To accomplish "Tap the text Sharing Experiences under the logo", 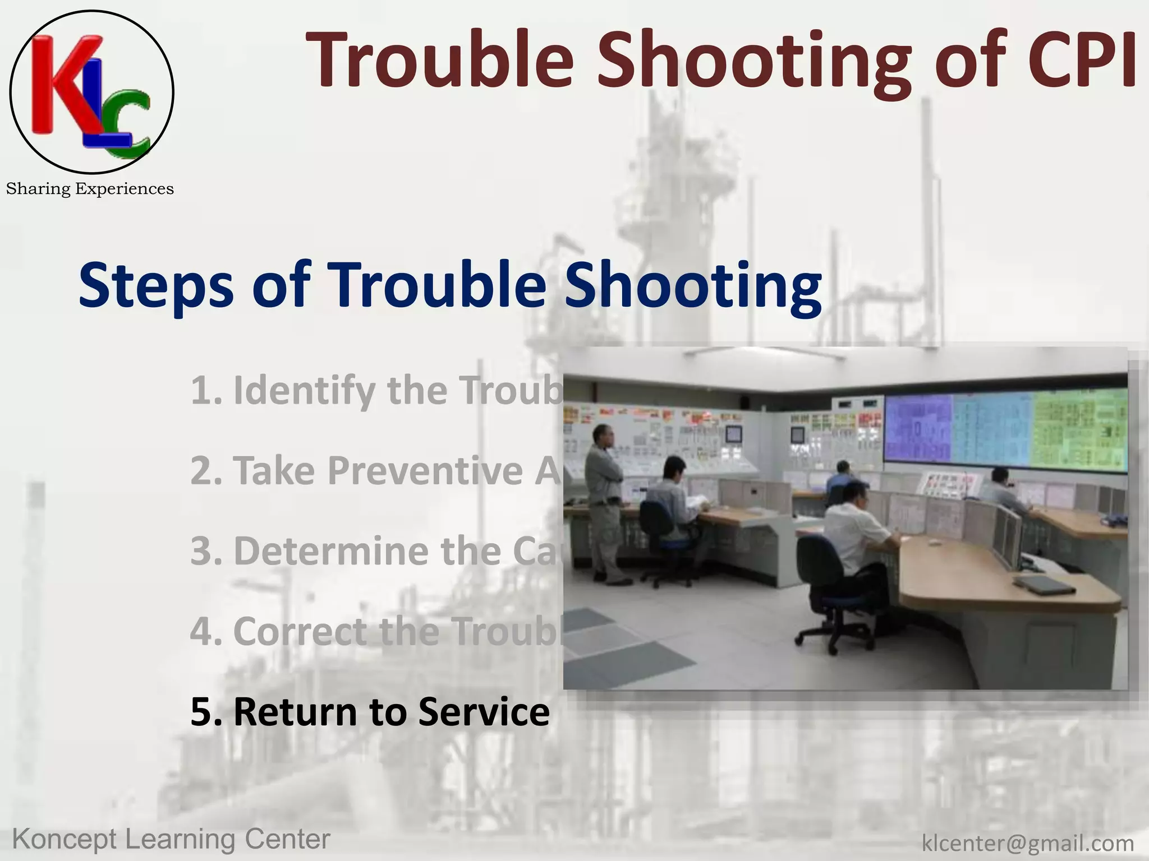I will [x=90, y=189].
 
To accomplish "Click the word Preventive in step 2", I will [x=425, y=470].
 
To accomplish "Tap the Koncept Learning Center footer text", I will [x=171, y=839].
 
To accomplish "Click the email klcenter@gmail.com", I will [x=1028, y=843].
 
